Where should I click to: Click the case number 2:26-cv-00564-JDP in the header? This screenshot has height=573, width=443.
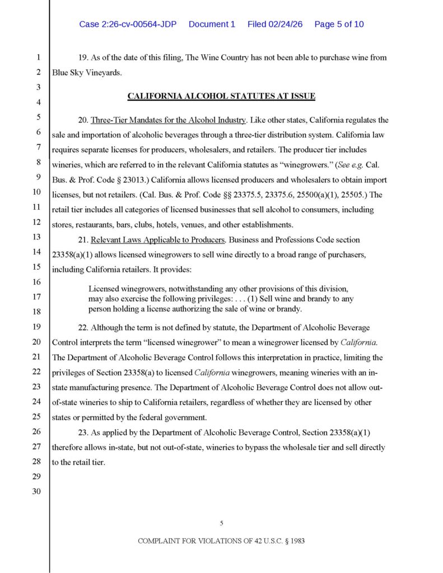[129, 25]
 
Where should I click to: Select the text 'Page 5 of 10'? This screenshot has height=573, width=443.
[339, 25]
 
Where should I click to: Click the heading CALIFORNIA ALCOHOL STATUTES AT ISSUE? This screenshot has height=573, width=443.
[221, 96]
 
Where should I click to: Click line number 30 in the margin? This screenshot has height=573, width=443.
[38, 492]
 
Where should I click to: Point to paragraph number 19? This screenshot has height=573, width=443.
[83, 58]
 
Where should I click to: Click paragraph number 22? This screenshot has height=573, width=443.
[83, 327]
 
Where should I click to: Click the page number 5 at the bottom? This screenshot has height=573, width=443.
[221, 523]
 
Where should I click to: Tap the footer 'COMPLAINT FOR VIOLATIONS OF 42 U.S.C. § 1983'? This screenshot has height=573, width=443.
[221, 542]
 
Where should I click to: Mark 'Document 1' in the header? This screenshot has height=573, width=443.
[212, 25]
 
